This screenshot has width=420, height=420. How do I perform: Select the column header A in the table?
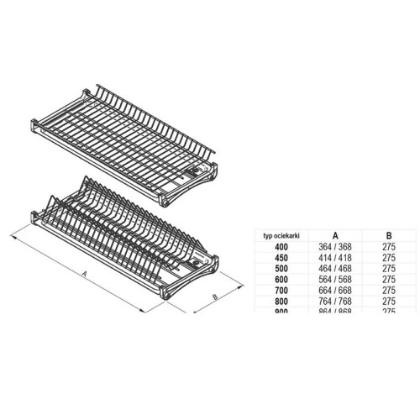[336, 237]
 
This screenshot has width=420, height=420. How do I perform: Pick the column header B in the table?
[388, 237]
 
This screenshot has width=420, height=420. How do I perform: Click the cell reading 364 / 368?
[336, 248]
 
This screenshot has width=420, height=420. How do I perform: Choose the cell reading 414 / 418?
[336, 259]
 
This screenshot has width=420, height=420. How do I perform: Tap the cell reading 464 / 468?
[336, 270]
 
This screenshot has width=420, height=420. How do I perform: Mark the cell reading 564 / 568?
[336, 281]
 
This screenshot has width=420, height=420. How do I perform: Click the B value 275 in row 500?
[388, 270]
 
